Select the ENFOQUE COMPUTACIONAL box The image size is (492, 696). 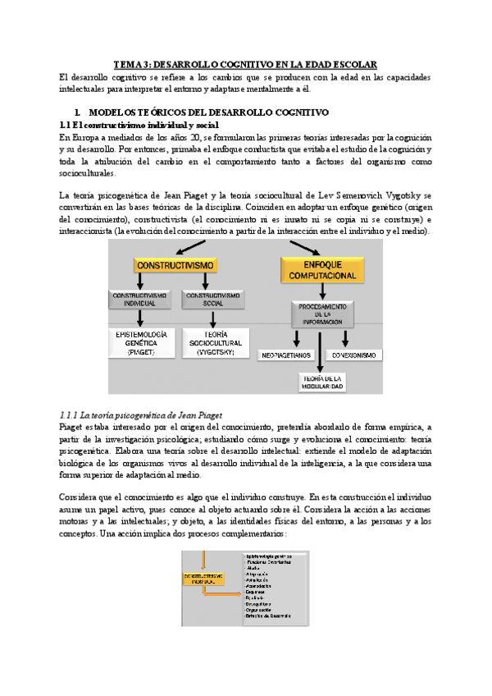coord(321,269)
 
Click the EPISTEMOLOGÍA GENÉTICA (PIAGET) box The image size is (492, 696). coord(140,340)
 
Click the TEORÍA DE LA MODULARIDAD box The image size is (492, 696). coord(321,381)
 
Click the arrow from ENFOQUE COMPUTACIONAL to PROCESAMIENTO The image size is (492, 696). coord(321,291)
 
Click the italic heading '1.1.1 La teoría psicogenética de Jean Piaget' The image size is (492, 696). coord(141,414)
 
